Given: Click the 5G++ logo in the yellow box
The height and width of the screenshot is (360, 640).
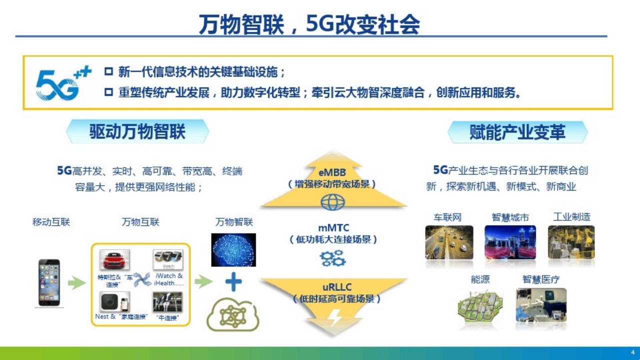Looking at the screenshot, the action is click(x=63, y=83).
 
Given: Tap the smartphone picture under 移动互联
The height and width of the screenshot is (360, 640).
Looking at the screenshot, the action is click(x=49, y=283).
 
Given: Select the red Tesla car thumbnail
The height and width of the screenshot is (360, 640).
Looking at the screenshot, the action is click(x=114, y=259).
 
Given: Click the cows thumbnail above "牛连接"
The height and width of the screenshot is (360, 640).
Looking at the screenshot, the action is click(x=167, y=302).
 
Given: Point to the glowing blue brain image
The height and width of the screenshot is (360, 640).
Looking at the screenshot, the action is click(x=233, y=250).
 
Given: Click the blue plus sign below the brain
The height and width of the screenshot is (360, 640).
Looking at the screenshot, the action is click(x=233, y=281).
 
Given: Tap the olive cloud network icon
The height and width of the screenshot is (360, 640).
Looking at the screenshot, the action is click(x=233, y=314).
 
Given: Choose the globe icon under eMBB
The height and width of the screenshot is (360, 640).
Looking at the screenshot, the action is click(x=333, y=202).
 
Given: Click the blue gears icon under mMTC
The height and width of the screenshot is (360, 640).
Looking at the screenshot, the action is click(x=332, y=258).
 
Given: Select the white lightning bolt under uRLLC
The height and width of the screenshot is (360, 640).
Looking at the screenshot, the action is click(x=334, y=317).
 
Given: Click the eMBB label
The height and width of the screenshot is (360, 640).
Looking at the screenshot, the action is click(x=332, y=172).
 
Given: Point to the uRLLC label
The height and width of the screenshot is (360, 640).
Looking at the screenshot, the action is click(x=337, y=287).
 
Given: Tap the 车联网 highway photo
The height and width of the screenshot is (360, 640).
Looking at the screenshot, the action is click(x=449, y=242).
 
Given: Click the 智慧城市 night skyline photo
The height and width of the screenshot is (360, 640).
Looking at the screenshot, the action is click(x=510, y=242).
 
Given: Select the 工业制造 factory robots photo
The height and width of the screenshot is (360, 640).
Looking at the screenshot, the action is click(x=571, y=242).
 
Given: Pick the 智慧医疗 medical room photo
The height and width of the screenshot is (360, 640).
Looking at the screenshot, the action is click(x=541, y=305).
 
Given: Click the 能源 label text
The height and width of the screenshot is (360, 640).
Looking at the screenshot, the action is click(x=480, y=279).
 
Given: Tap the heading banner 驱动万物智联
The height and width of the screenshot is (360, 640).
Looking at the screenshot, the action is click(x=137, y=131).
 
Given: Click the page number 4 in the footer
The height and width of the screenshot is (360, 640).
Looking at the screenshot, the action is click(x=633, y=352).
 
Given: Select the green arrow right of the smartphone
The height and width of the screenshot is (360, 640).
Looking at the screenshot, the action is click(x=77, y=283).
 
